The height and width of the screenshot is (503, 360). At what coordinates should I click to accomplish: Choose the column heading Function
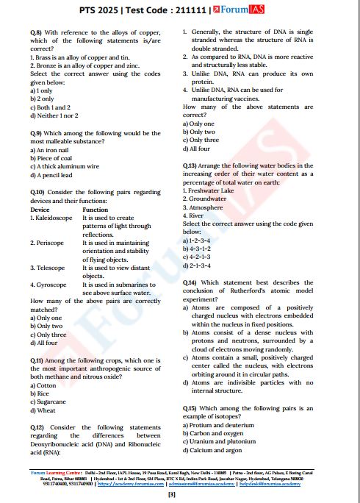[x=96, y=210]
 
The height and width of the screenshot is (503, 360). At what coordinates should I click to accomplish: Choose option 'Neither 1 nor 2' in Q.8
[x=57, y=115]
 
